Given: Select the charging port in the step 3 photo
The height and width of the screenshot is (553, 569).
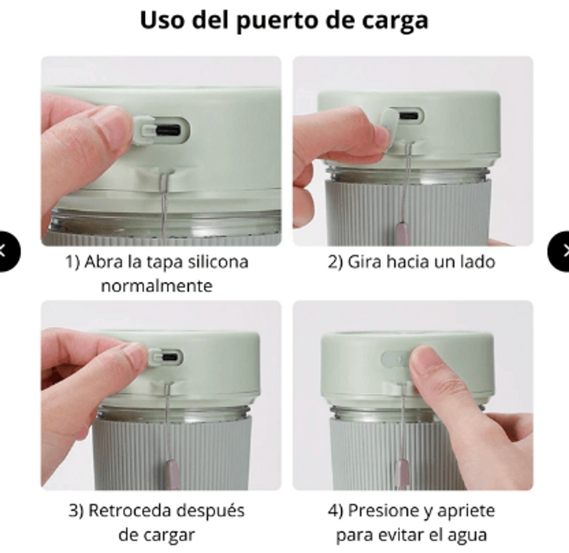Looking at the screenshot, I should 170,356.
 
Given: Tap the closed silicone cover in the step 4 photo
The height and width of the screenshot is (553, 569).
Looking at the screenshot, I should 394,358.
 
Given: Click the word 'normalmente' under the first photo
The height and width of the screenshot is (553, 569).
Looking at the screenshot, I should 157,285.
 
